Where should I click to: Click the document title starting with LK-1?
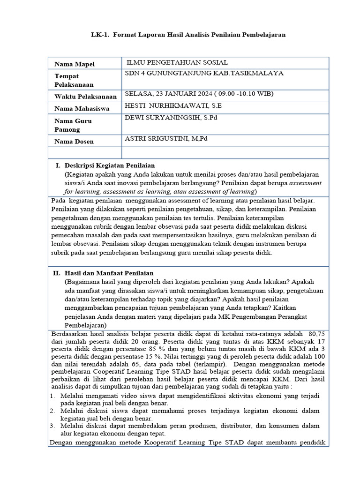pos(188,35)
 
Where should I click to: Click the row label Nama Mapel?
pos(74,64)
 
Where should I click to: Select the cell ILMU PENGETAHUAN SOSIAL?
pos(178,63)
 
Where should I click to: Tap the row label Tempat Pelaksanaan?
pos(74,80)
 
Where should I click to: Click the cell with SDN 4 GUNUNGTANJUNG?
pos(204,73)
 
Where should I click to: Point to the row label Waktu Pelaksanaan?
pos(85,97)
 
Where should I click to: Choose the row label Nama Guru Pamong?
pos(73,125)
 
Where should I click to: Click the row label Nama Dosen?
pos(74,141)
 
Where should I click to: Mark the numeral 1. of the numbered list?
pos(52,396)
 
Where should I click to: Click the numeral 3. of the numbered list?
pos(52,426)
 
